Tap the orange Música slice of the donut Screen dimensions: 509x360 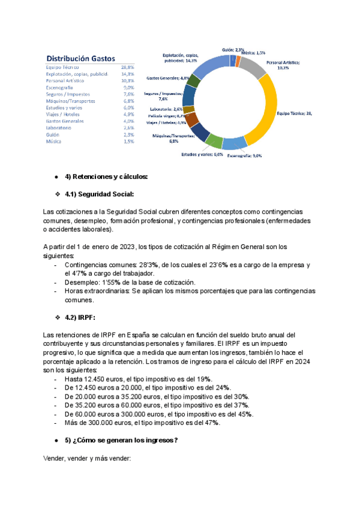click(x=239, y=61)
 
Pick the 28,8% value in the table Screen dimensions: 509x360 click(x=127, y=67)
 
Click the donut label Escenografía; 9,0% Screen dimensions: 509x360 click(x=245, y=155)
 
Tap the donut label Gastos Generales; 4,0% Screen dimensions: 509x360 click(x=167, y=78)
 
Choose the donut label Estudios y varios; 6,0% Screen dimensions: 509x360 click(x=202, y=154)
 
